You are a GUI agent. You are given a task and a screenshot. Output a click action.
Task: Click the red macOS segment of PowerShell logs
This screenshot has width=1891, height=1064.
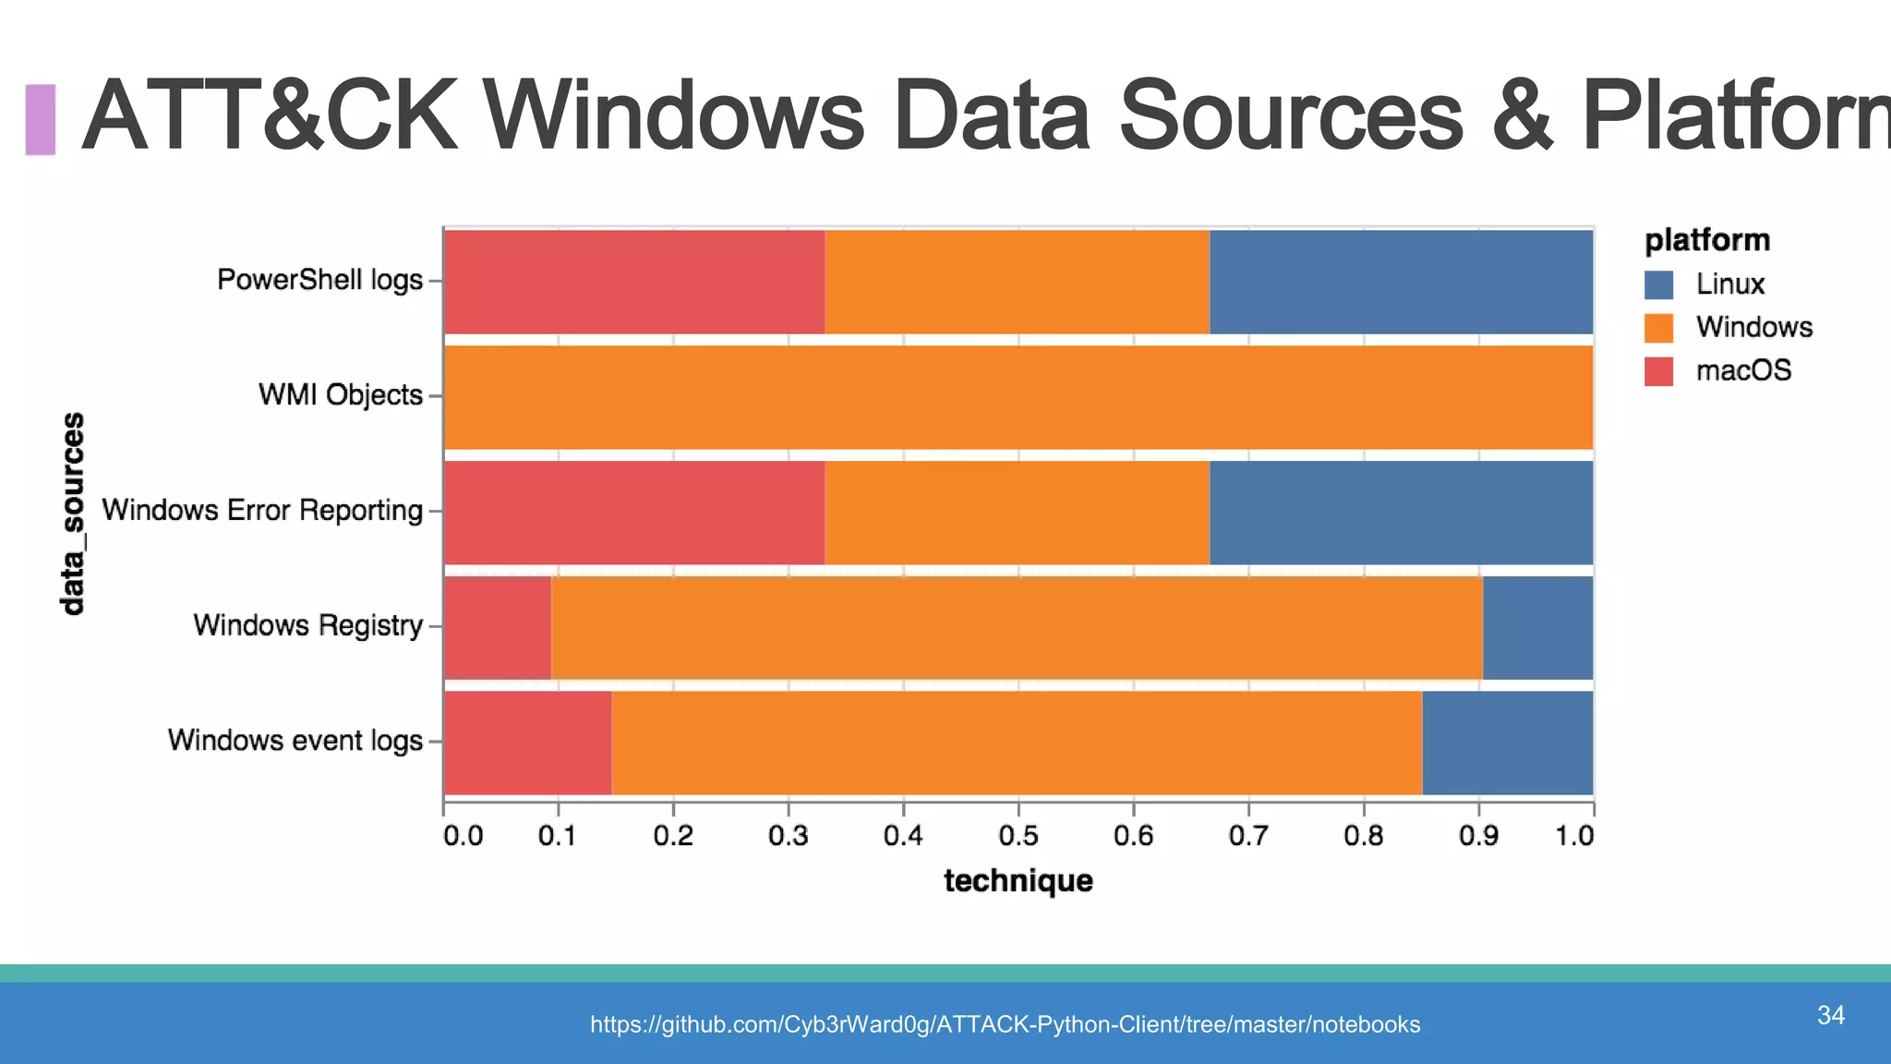[x=634, y=282]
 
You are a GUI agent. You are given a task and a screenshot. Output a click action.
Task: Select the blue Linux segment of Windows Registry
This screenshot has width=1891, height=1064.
[x=1537, y=627]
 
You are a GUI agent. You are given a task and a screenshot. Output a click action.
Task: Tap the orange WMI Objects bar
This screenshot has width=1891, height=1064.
[x=1018, y=397]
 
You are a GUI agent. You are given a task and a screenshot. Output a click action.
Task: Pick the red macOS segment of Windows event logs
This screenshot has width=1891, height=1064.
[x=527, y=743]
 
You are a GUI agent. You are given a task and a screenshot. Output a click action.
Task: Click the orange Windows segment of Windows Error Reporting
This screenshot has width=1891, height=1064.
[x=1017, y=513]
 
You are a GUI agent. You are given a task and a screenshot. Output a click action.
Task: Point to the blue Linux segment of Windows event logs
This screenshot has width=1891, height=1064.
[x=1507, y=743]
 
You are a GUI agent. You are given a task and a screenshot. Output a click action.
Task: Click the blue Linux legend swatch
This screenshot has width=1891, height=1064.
[x=1658, y=284]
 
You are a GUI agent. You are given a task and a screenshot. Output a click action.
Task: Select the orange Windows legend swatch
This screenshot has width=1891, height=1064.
[x=1658, y=328]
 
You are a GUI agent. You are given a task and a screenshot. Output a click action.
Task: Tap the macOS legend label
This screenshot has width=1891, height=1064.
[x=1743, y=371]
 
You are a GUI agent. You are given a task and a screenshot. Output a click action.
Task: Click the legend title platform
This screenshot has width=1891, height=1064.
[x=1707, y=240]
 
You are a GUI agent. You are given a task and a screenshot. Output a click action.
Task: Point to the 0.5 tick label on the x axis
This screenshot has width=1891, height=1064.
[x=1018, y=836]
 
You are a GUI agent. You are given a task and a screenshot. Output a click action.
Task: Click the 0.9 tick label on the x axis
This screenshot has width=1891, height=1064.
[x=1478, y=836]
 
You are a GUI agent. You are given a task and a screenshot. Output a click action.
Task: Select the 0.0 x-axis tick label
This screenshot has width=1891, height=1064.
[x=463, y=836]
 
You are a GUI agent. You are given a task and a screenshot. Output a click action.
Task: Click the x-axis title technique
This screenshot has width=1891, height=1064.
[x=1018, y=881]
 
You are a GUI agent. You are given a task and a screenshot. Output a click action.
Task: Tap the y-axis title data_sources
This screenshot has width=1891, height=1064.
[x=72, y=514]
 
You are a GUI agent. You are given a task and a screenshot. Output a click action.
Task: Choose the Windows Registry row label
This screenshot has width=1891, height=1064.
[x=307, y=626]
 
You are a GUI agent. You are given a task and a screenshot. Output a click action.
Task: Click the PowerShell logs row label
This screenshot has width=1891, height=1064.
[x=319, y=280]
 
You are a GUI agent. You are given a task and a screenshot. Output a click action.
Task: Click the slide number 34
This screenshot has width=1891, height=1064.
[x=1830, y=1015]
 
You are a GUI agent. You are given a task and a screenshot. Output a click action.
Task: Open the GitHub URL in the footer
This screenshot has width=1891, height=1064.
[x=1005, y=1024]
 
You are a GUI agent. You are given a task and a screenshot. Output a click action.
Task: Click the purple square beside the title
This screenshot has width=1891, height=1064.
[x=41, y=119]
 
